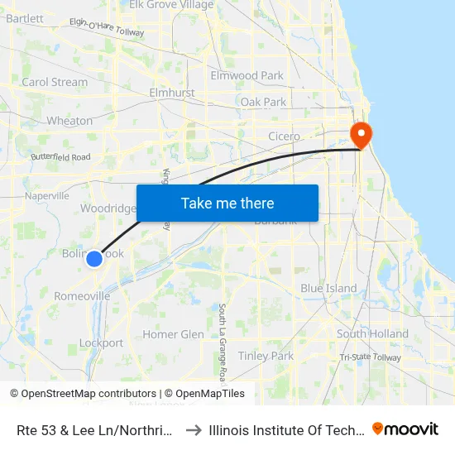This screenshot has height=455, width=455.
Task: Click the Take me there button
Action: [x=227, y=203]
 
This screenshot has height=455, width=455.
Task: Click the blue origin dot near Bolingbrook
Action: [x=94, y=259]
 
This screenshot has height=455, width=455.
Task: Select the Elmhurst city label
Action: [x=171, y=93]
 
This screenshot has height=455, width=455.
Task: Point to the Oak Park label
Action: [x=263, y=102]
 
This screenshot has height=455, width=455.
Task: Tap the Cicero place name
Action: [x=284, y=136]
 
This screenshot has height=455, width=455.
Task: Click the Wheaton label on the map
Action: [x=69, y=121]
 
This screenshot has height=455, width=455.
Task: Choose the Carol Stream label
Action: [x=55, y=82]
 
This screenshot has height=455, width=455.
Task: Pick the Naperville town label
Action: [x=47, y=196]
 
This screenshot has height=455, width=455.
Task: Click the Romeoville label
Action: [x=82, y=296]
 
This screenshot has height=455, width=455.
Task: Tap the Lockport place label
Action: [x=101, y=343]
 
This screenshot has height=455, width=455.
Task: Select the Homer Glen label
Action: [x=173, y=334]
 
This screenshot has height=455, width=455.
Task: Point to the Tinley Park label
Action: [x=266, y=356]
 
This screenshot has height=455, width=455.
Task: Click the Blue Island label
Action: [x=328, y=289]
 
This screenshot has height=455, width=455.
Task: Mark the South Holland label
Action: [x=372, y=334]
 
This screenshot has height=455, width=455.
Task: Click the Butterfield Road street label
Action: [x=60, y=156]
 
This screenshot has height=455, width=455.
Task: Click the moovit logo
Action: [x=405, y=429]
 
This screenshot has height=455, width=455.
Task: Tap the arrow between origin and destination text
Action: [x=192, y=429]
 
